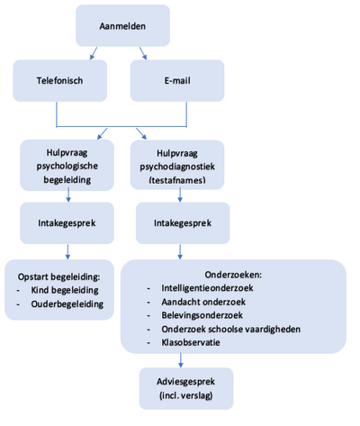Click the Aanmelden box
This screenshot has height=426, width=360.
(x=122, y=25)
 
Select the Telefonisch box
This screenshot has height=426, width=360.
(x=60, y=80)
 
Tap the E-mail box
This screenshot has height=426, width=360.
(x=177, y=80)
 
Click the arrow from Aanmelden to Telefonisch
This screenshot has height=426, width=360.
(x=94, y=53)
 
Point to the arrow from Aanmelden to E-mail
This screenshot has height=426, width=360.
(x=143, y=53)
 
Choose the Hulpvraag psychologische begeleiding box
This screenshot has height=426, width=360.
(x=67, y=165)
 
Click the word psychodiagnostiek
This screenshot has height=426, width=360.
(x=177, y=167)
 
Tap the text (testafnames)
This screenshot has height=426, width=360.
(x=177, y=180)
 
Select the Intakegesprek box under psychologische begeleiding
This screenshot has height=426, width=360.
(x=67, y=223)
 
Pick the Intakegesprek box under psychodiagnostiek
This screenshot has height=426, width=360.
(x=183, y=223)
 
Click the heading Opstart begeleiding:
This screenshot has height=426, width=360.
(x=58, y=276)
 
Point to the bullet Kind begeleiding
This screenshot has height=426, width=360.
(x=65, y=290)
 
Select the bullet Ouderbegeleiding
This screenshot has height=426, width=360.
(x=67, y=304)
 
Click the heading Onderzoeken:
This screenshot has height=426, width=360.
(x=233, y=275)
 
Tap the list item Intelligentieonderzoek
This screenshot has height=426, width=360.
(x=207, y=288)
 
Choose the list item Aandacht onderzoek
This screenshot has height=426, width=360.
(x=203, y=302)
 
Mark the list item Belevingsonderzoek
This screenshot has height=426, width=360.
(x=202, y=315)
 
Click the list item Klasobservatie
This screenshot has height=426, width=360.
(x=191, y=342)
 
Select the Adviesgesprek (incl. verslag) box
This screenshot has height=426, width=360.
(x=186, y=388)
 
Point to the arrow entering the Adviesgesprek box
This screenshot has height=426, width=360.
(x=180, y=360)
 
